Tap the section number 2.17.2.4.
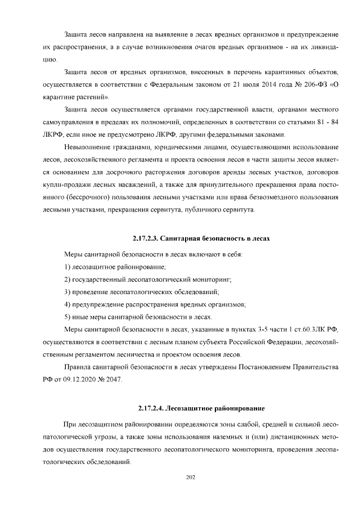(152, 407)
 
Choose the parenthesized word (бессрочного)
(91, 198)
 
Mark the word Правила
(79, 367)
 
